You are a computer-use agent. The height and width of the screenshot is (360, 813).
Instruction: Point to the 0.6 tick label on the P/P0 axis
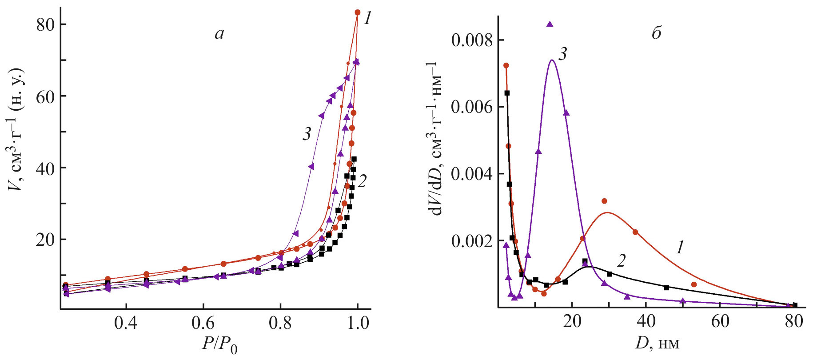203,324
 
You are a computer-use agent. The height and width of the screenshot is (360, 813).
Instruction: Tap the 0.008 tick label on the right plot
472,40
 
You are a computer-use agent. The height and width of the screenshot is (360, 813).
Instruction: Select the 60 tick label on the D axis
720,321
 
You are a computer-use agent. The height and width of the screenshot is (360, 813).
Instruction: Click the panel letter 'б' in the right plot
657,33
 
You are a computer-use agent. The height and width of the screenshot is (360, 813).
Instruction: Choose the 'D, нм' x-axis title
658,343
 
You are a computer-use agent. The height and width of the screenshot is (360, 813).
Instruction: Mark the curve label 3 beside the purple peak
562,54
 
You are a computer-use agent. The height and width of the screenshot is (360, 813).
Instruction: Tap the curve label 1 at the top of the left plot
367,19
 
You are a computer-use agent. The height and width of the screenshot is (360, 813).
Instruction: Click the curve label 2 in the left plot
362,181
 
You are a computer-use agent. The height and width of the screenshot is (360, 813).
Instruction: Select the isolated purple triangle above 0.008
550,24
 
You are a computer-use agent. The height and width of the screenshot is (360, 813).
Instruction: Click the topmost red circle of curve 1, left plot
357,12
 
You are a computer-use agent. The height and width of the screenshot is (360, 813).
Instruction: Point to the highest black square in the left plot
354,159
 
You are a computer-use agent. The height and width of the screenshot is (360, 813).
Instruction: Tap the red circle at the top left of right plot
506,66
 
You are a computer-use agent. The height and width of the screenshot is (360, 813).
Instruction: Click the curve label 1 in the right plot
679,248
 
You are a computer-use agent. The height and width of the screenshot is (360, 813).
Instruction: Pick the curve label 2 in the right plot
621,260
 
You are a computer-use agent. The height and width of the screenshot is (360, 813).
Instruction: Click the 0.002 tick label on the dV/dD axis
472,241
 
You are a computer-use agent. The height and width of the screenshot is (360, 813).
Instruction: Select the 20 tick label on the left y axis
45,240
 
